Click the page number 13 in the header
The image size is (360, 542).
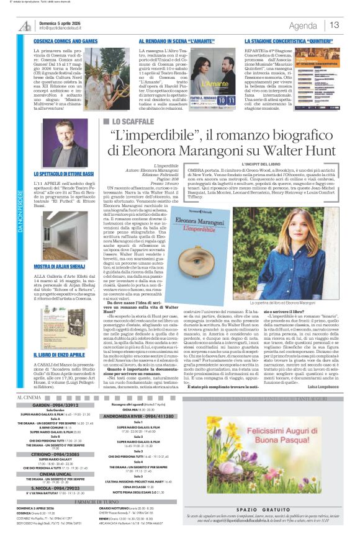(335, 25)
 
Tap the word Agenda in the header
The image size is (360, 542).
(303, 25)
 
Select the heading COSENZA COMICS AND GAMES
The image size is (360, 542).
(66, 41)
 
